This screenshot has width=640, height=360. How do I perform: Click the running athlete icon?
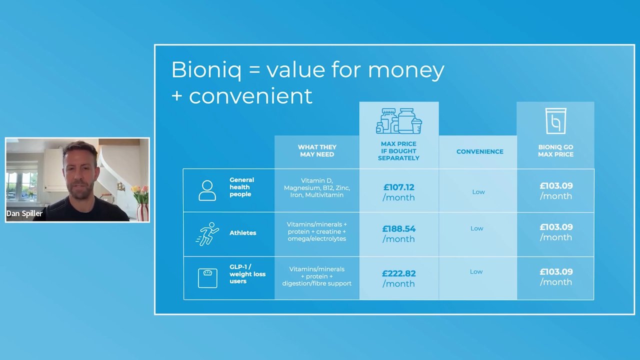[207, 234]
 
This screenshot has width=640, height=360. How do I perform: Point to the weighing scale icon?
[207, 278]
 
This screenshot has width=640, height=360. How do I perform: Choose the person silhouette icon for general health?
[207, 190]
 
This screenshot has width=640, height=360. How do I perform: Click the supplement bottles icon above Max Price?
[399, 121]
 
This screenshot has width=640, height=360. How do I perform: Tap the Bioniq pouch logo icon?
[555, 121]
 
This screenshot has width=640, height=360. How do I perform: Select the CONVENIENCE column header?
[479, 151]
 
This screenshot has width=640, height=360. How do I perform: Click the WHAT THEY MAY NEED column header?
[317, 151]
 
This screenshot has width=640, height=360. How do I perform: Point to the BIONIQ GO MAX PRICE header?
[555, 151]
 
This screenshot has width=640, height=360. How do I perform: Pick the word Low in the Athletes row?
[477, 228]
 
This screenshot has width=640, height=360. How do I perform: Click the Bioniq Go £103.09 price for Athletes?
[556, 232]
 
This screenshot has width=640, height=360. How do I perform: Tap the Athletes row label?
[243, 233]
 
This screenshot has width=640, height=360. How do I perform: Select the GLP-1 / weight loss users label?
[247, 274]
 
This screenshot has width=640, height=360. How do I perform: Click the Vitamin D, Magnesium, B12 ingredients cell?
[317, 187]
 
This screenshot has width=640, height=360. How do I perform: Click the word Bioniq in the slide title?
[206, 70]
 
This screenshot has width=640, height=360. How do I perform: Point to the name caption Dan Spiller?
[24, 213]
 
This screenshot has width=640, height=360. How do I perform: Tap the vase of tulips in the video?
[141, 203]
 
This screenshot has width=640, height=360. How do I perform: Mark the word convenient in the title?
[250, 96]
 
